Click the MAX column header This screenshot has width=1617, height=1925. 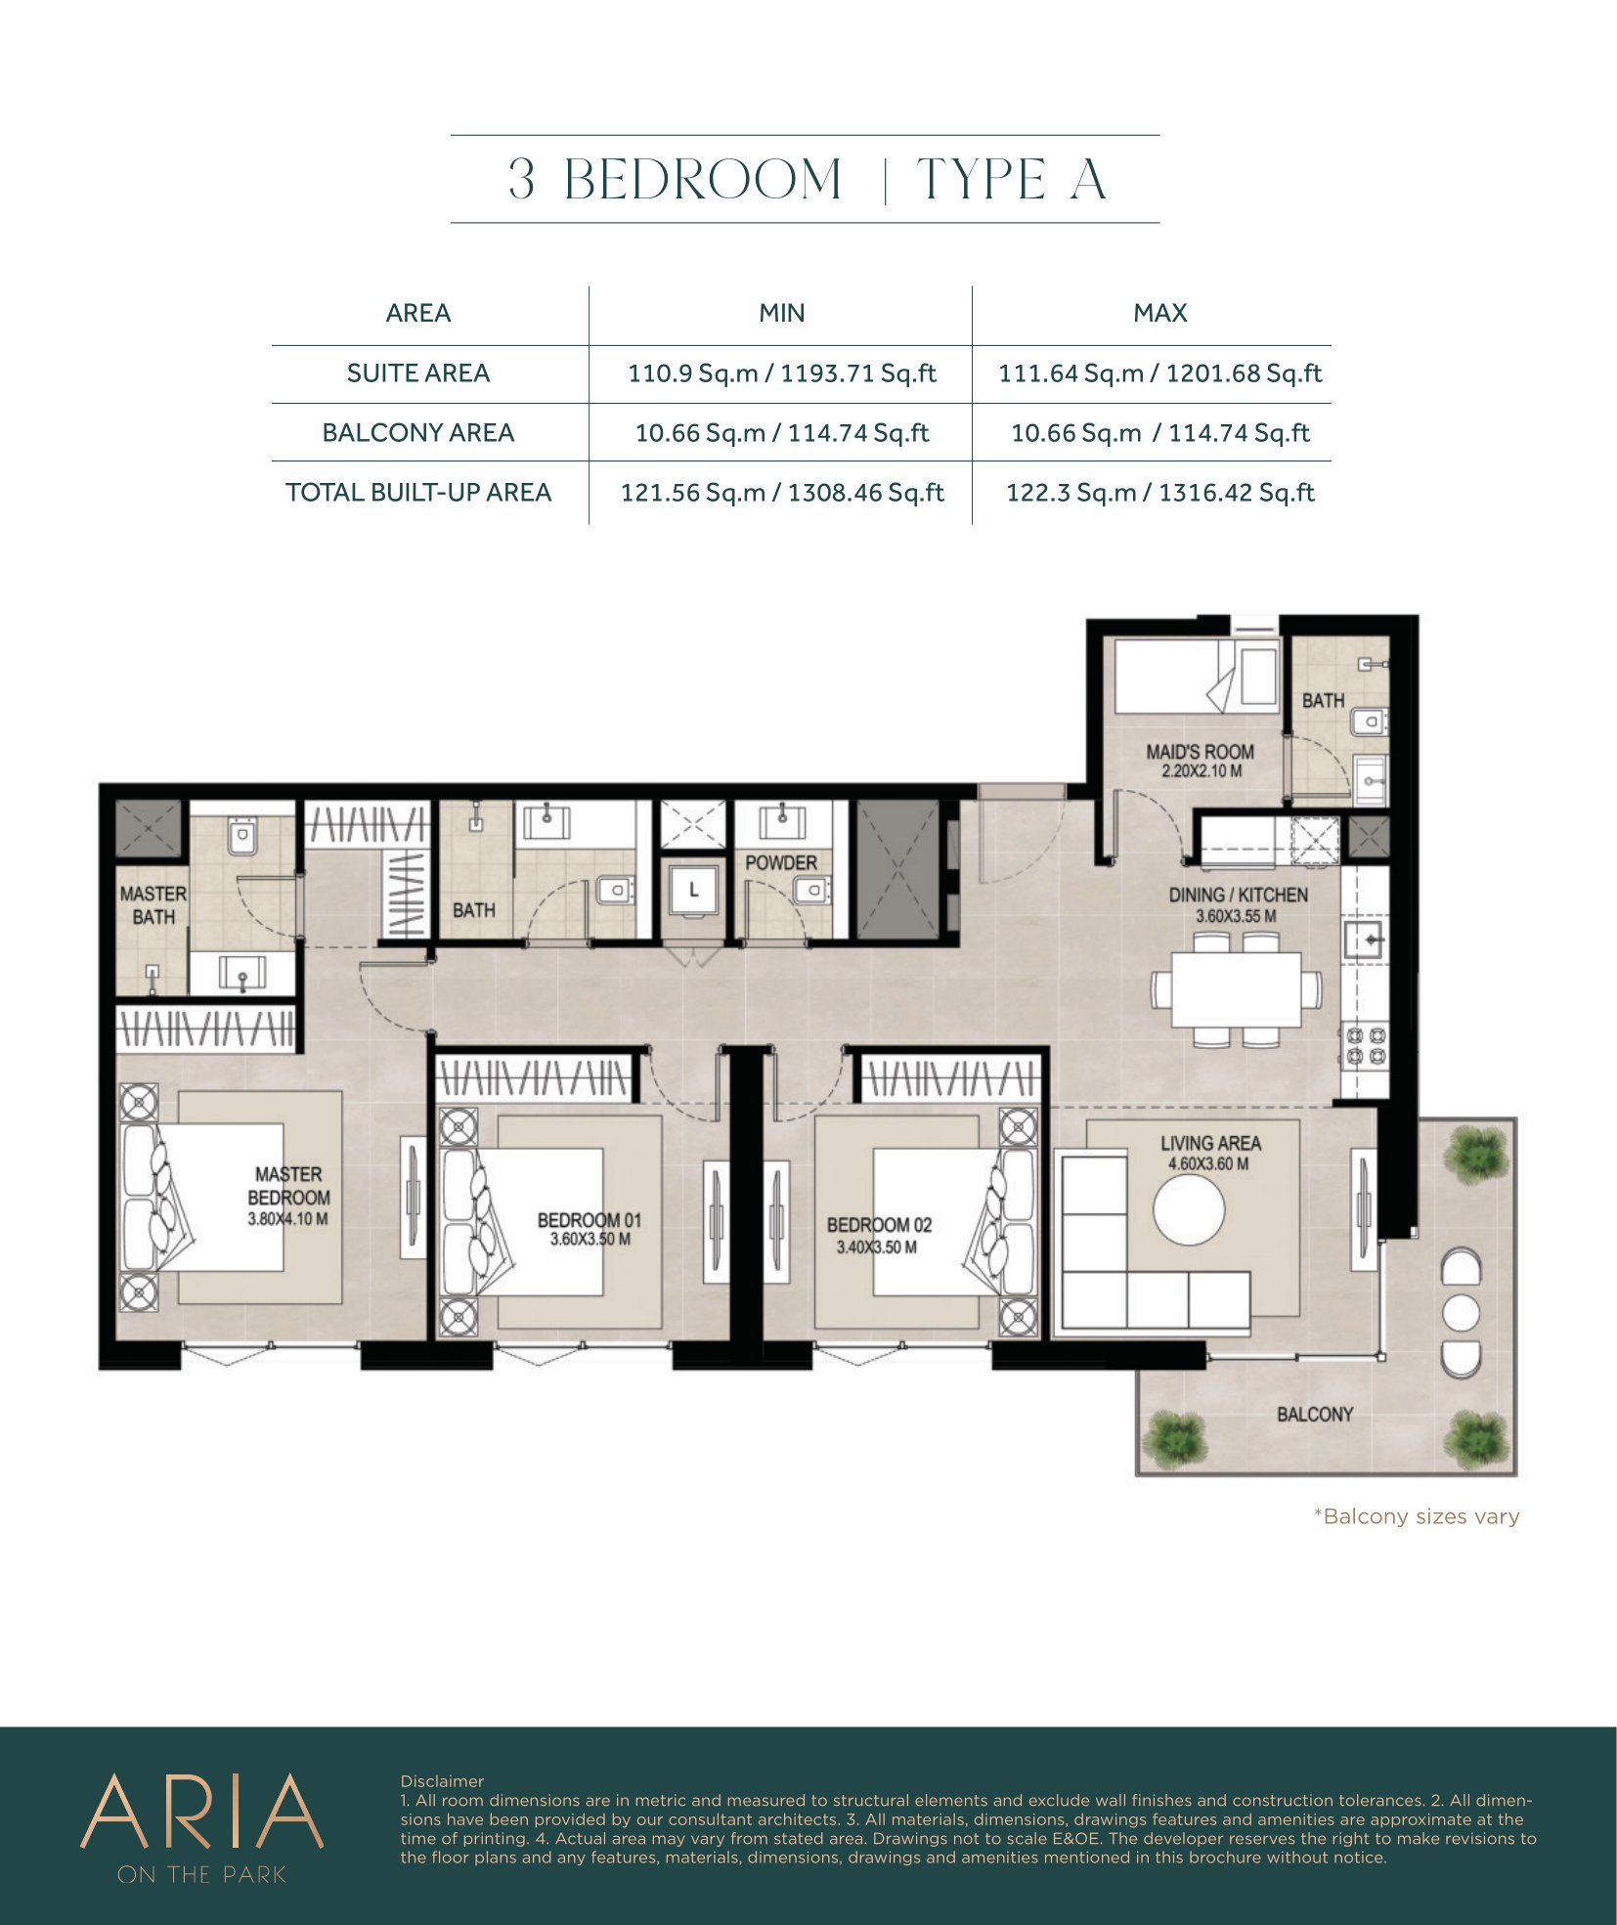pyautogui.click(x=1159, y=313)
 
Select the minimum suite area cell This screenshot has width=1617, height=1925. pyautogui.click(x=781, y=373)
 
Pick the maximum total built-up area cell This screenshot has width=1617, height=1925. pyautogui.click(x=1159, y=493)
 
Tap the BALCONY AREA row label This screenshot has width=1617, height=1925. pyautogui.click(x=417, y=433)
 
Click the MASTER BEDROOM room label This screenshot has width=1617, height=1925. pyautogui.click(x=288, y=1185)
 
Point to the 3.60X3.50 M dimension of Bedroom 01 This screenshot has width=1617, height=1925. pyautogui.click(x=590, y=1239)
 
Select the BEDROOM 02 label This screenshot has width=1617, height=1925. pyautogui.click(x=879, y=1225)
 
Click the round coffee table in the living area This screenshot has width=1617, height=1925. pyautogui.click(x=1188, y=1209)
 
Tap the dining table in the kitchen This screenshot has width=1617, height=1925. pyautogui.click(x=1237, y=989)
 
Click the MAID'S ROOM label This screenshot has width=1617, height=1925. pyautogui.click(x=1200, y=752)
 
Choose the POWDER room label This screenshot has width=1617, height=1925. pyautogui.click(x=780, y=863)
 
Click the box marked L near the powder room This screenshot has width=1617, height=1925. pyautogui.click(x=693, y=890)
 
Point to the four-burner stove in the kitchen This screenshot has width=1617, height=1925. pyautogui.click(x=1365, y=1044)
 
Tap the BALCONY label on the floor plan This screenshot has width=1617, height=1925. pyautogui.click(x=1315, y=1415)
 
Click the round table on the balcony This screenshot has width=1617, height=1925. pyautogui.click(x=1461, y=1313)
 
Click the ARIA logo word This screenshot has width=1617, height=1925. pyautogui.click(x=201, y=1812)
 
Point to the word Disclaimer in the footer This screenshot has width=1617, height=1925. pyautogui.click(x=442, y=1781)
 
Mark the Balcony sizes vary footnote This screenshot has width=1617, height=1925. pyautogui.click(x=1417, y=1516)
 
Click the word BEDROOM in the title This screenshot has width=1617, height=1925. pyautogui.click(x=702, y=180)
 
